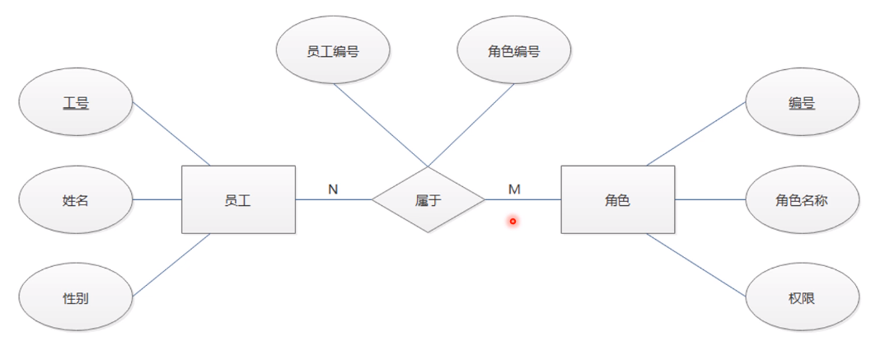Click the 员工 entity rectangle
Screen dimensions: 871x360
(x=238, y=199)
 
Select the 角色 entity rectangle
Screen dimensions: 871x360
(x=617, y=199)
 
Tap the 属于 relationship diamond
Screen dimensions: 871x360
(x=428, y=199)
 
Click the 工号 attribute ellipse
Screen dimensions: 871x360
(x=76, y=103)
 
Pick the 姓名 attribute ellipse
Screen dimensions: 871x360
(x=76, y=199)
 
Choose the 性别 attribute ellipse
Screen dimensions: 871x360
(x=76, y=298)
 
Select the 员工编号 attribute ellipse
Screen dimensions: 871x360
(x=332, y=51)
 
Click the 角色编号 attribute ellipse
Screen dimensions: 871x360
(x=513, y=51)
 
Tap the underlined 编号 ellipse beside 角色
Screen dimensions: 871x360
(x=802, y=103)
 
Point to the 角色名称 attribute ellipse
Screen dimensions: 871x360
(x=802, y=199)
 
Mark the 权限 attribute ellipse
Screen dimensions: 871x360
(x=802, y=298)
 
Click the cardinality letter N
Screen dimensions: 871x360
(x=333, y=189)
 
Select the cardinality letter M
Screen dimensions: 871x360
(x=514, y=189)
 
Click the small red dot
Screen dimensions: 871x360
(x=513, y=221)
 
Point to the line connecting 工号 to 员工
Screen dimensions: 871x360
(x=171, y=134)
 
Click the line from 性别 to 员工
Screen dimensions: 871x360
(x=171, y=265)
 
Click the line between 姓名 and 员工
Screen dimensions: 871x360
(x=157, y=199)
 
